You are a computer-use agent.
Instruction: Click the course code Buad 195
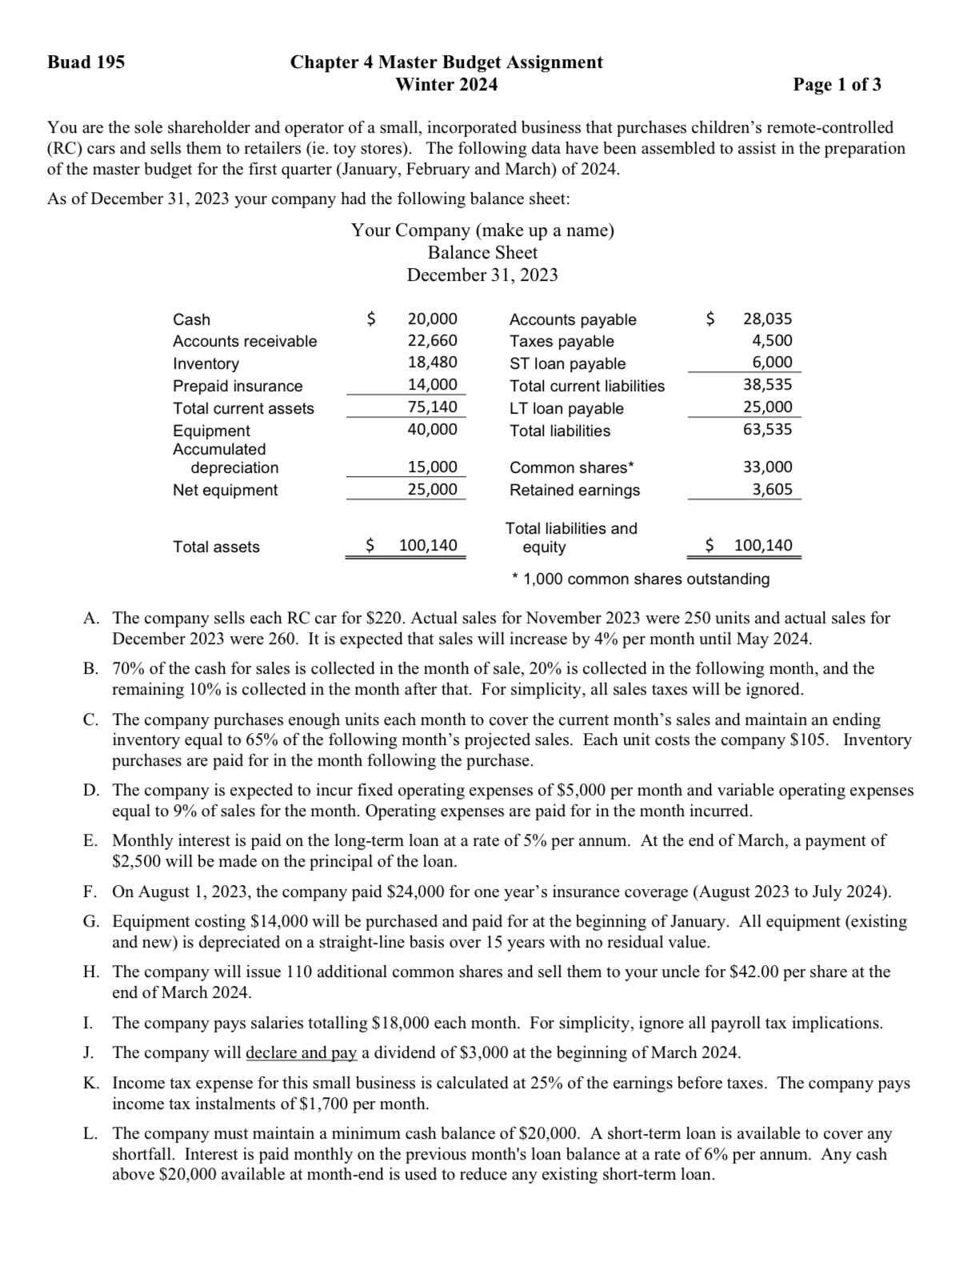[86, 62]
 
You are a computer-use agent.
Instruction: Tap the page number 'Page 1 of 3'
[837, 85]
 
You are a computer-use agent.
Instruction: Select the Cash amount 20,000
[432, 319]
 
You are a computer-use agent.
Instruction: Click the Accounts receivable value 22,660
[432, 341]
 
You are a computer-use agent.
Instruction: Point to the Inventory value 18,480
[432, 363]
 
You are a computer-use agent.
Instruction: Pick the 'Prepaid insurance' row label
[238, 386]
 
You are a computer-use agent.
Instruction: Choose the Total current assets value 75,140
[432, 407]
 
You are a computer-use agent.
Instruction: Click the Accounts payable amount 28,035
[767, 319]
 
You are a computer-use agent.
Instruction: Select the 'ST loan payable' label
[567, 363]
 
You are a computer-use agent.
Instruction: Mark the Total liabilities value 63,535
[767, 430]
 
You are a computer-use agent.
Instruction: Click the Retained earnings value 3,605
[772, 489]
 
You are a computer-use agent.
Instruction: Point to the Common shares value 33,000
[767, 467]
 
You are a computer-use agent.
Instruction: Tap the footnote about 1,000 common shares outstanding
[641, 579]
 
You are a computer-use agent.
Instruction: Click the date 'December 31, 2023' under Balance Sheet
[482, 275]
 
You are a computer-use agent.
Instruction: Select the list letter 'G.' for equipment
[91, 922]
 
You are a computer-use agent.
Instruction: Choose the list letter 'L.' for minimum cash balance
[91, 1134]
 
